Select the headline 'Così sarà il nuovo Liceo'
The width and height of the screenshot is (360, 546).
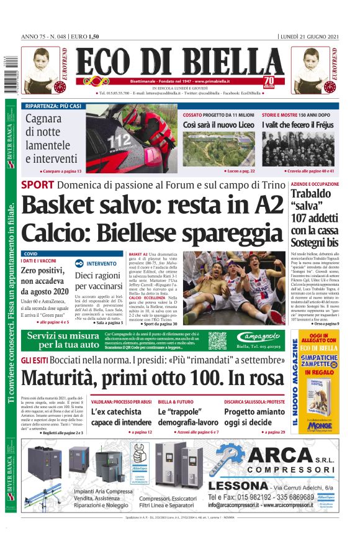[218, 125]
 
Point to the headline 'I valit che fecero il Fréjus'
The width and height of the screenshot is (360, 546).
[297, 125]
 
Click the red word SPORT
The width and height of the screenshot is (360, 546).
[37, 184]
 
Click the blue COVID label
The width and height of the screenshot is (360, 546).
[30, 254]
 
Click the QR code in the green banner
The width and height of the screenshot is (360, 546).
[217, 341]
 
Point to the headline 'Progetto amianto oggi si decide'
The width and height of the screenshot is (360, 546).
[255, 417]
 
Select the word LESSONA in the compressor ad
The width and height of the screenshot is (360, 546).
[238, 485]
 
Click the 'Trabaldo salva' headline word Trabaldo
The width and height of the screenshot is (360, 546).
[314, 194]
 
